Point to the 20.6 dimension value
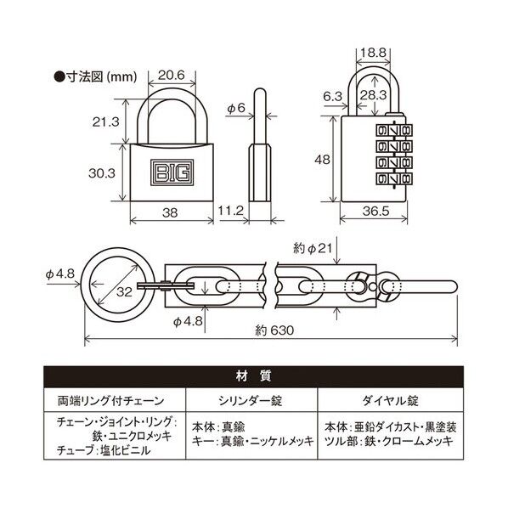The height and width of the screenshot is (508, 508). [172, 76]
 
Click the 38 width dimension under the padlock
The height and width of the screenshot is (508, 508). [172, 215]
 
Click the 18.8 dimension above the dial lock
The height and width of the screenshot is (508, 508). [371, 52]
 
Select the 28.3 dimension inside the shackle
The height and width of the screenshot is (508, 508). [372, 94]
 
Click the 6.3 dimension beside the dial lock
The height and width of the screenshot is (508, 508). [333, 98]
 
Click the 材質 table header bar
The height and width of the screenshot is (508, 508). [253, 375]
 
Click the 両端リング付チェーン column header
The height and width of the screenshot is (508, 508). [113, 398]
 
